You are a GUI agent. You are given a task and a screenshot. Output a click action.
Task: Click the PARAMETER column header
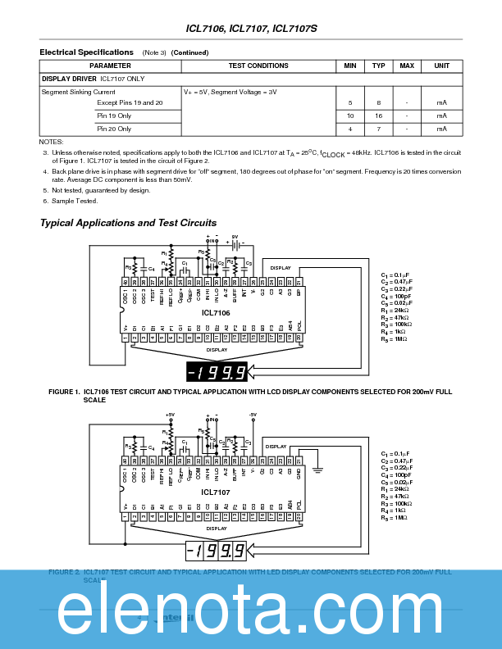tap(110, 66)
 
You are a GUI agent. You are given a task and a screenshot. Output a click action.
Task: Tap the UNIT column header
tap(441, 66)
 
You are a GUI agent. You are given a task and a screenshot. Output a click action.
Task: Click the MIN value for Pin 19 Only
tap(350, 116)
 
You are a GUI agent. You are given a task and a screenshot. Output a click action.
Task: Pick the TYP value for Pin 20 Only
tap(378, 129)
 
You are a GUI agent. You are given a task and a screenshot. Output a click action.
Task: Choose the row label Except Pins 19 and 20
tap(130, 102)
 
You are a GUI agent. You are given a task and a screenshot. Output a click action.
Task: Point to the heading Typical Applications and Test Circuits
tap(128, 223)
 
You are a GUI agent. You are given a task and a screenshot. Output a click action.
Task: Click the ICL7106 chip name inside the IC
tap(216, 312)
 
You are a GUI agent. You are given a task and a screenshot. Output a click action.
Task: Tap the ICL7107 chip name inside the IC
tap(216, 492)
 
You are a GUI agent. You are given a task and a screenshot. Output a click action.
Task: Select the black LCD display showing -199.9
tap(217, 373)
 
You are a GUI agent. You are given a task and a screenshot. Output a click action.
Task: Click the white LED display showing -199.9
tap(217, 551)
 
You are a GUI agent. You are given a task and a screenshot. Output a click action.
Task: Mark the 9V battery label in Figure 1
tap(235, 237)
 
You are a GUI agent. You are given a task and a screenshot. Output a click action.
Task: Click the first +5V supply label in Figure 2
tap(170, 415)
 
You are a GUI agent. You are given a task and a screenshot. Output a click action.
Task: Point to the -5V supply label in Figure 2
tap(253, 415)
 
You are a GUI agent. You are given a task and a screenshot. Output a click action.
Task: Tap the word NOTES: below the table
tap(51, 142)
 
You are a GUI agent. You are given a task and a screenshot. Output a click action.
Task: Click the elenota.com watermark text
tap(251, 609)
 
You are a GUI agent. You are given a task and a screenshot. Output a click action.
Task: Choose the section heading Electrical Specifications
tap(86, 52)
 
